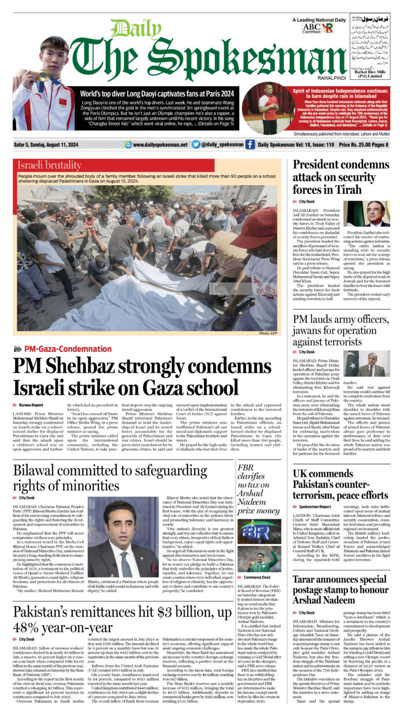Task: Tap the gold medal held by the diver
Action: [x=44, y=76]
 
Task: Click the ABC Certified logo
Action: [x=310, y=27]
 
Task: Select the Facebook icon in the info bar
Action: [x=250, y=144]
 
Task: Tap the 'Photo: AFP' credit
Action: [x=269, y=333]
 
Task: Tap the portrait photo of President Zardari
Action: [x=377, y=214]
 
